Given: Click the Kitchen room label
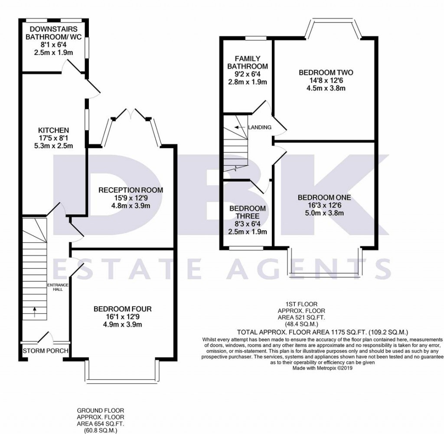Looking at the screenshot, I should coord(53,130).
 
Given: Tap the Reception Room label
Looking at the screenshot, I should coord(130,190).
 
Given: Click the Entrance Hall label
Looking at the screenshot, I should coord(58,287).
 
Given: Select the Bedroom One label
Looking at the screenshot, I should coord(324,197).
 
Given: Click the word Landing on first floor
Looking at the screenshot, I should coord(260,127).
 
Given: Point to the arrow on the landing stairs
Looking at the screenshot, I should coord(237,127).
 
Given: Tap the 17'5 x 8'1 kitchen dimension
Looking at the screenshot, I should coord(53,138).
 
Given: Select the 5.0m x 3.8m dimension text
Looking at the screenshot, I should coord(324,213).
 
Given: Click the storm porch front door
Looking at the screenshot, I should coord(44,338).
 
